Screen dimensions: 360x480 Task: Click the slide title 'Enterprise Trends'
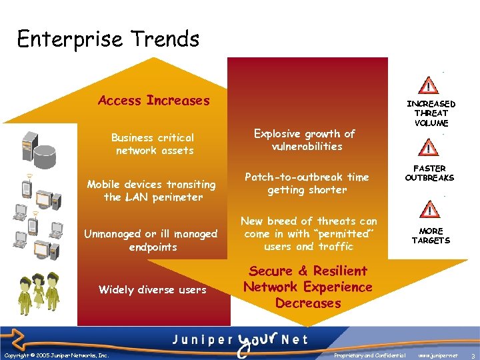coord(108,39)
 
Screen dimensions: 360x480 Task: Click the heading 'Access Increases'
coord(153,101)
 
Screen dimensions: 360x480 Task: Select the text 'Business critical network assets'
coord(153,144)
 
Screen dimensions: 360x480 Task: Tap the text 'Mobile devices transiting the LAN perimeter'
coord(151,191)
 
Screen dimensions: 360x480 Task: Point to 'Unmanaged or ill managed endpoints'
coord(151,240)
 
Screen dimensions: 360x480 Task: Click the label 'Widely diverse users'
coord(152,289)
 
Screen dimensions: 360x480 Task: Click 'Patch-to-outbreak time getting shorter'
coord(307,183)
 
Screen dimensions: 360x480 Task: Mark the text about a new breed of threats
coord(309,233)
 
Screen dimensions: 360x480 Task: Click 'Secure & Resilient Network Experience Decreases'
coord(307,287)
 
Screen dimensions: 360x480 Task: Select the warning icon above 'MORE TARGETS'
coord(431,209)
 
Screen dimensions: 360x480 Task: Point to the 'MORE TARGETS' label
coord(431,235)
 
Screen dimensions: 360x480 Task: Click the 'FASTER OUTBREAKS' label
coord(430,173)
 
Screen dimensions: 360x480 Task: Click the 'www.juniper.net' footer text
coord(437,356)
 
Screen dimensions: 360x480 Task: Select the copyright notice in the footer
coord(56,356)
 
